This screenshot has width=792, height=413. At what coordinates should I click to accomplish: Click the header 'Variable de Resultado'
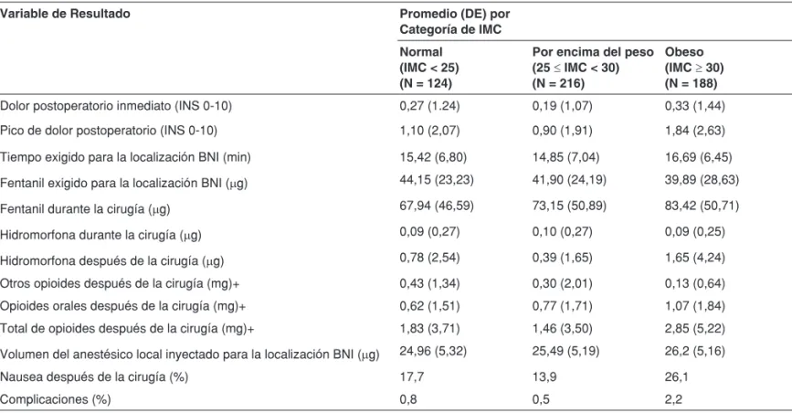click(65, 14)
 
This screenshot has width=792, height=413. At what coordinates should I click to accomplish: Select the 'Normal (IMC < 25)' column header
click(429, 68)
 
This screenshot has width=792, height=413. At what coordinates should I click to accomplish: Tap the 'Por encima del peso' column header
click(593, 68)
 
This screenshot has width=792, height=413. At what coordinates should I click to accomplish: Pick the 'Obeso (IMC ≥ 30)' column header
click(694, 68)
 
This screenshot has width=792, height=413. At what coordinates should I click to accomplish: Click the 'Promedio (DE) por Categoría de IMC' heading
click(455, 22)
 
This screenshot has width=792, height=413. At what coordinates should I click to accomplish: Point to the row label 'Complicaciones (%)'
click(56, 399)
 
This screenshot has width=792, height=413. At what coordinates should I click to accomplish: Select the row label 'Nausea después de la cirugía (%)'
click(94, 376)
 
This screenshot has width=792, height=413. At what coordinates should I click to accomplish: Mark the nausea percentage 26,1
click(676, 376)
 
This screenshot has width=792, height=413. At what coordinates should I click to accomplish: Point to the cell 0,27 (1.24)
click(430, 106)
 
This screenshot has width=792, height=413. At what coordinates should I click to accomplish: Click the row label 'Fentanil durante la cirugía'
click(85, 208)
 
